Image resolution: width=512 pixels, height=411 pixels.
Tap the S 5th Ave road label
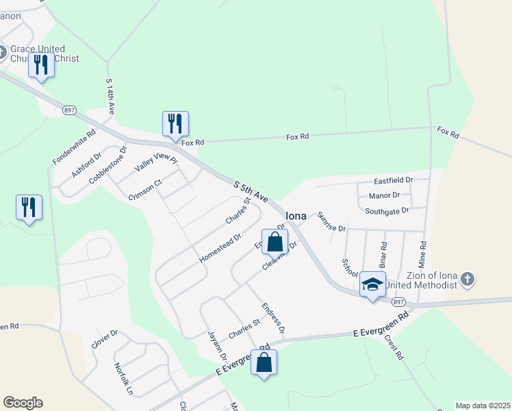point(250,191)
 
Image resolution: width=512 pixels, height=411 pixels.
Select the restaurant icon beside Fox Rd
point(175,123)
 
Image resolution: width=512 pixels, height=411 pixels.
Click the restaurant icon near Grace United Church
point(41,65)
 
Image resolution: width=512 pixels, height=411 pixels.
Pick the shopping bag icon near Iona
point(274,242)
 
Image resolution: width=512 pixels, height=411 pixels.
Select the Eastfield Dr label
point(393,180)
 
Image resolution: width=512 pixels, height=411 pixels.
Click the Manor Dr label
point(384,195)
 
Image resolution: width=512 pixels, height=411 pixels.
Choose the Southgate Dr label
point(386,211)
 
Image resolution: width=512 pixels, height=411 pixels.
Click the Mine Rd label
point(422,254)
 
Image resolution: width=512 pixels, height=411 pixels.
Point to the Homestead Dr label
point(221,248)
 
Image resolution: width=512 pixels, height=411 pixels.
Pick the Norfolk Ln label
point(124,379)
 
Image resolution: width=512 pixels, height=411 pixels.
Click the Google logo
point(23,403)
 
